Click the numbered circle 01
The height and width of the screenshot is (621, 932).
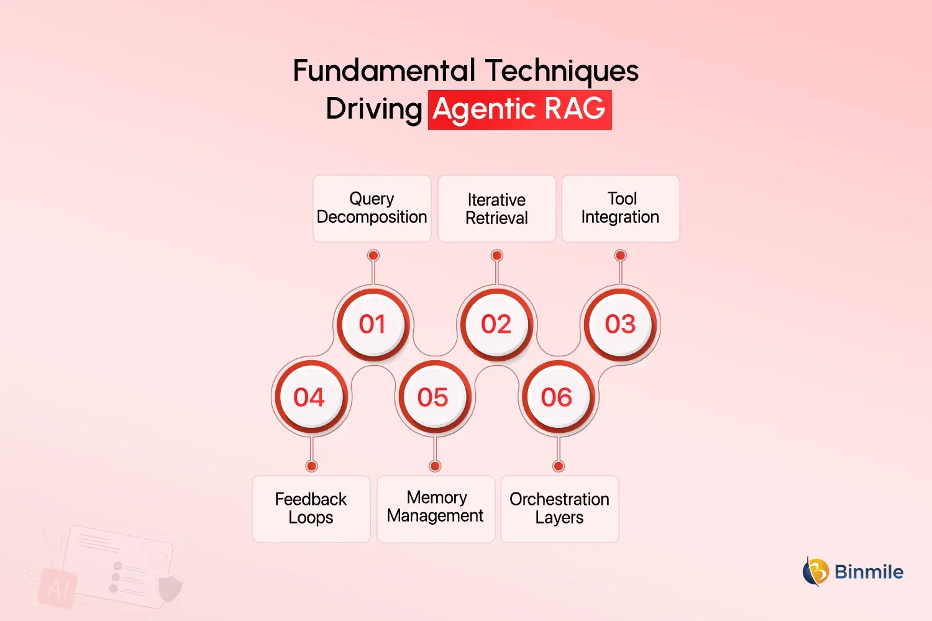point(372,324)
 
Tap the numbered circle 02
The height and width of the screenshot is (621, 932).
point(496,324)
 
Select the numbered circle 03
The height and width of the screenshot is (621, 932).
point(620,324)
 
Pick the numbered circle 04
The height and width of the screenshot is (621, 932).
point(309,397)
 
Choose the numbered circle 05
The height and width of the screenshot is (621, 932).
point(433,397)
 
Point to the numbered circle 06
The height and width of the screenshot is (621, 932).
point(557,397)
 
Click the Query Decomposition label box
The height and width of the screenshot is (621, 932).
point(372,209)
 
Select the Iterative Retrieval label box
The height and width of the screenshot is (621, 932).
point(496,209)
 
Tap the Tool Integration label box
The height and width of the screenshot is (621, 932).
point(620,209)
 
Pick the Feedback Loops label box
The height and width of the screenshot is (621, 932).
point(311,509)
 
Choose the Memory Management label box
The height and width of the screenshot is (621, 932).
point(436,509)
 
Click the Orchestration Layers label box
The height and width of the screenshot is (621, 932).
point(559,509)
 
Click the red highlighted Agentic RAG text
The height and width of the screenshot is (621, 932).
point(519,110)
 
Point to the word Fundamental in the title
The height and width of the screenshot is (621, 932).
point(385,70)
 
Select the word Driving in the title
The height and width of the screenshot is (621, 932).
point(374,109)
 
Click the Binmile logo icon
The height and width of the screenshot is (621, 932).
point(816,571)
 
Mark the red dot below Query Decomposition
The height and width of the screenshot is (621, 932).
point(373,255)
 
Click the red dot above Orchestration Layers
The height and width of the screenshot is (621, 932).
point(559,466)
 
